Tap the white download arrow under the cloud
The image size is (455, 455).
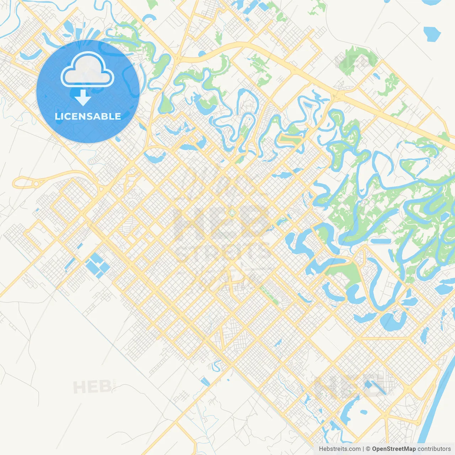point(83,98)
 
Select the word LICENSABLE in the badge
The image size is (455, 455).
point(88,116)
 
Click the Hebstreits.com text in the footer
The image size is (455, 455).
point(339,449)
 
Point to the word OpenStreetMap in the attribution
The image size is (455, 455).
point(394,449)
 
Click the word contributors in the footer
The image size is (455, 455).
point(434,449)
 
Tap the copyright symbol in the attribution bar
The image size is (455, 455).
point(368,449)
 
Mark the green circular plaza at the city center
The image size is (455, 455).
point(232,213)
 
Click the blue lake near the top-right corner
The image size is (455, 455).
point(432,34)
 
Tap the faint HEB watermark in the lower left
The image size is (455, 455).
point(92,387)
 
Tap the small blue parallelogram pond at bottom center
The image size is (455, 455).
point(205,381)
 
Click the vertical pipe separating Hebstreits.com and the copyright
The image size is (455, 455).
point(363,449)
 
